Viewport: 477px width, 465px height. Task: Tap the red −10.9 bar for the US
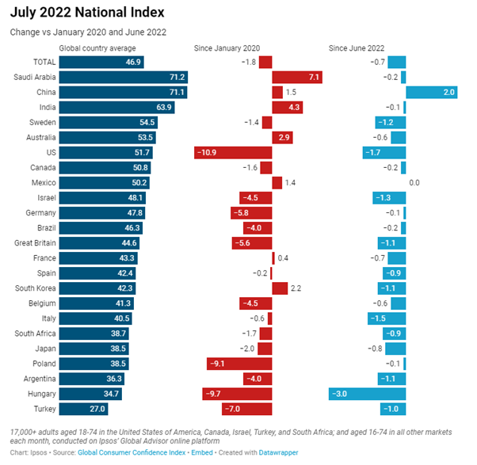[x=233, y=152]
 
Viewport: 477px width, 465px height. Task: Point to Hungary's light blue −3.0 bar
[x=368, y=394]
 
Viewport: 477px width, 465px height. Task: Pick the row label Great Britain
[x=34, y=242]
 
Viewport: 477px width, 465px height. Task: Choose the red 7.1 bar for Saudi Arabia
[x=296, y=77]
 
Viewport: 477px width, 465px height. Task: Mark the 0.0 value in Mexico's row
[x=414, y=182]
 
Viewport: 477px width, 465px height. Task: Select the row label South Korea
[x=34, y=288]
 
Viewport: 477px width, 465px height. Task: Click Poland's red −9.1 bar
[x=238, y=364]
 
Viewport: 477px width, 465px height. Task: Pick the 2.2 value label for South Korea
[x=297, y=288]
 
